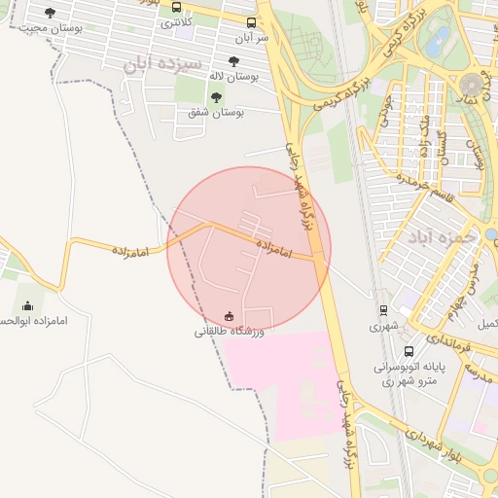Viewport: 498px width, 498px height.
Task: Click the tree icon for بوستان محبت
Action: (x=51, y=13)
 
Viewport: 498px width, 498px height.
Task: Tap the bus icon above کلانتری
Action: (x=176, y=7)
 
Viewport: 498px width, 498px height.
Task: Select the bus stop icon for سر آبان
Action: (x=252, y=22)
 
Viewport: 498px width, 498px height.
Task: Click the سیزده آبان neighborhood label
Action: (x=162, y=64)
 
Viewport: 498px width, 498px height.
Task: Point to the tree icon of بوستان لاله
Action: (x=233, y=61)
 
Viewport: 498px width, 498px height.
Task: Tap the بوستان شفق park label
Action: (x=216, y=113)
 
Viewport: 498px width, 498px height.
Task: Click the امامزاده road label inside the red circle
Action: (x=276, y=247)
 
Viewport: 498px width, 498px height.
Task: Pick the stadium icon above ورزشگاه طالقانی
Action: (x=230, y=315)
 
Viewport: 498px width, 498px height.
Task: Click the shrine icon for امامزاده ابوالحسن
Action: (x=26, y=305)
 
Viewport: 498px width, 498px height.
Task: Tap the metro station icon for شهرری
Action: (x=384, y=310)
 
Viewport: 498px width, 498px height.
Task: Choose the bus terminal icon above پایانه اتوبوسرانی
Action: (x=409, y=351)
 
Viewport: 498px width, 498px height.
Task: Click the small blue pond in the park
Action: (x=442, y=40)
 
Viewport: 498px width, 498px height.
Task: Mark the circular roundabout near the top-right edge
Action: (x=474, y=85)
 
